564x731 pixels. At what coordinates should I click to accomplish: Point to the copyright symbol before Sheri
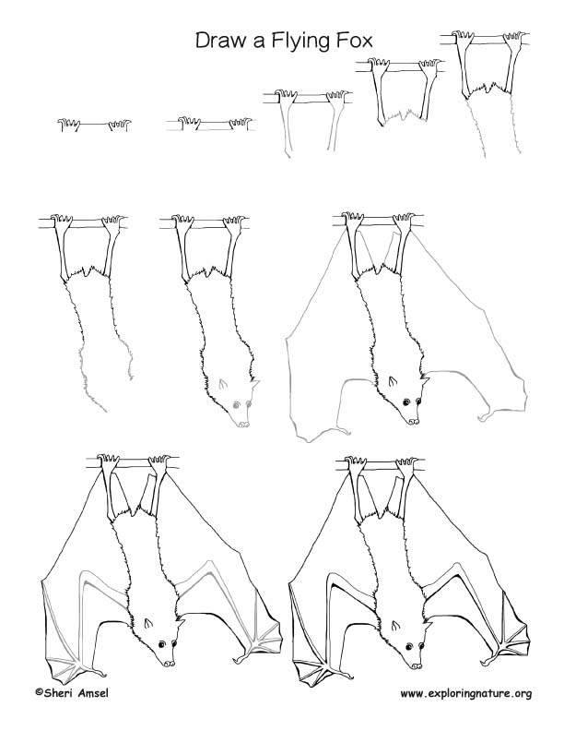tap(39, 692)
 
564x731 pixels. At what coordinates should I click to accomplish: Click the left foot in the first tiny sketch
tap(67, 124)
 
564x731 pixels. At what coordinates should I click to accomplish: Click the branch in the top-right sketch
tap(487, 38)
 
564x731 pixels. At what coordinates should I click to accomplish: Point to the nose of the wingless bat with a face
tap(242, 424)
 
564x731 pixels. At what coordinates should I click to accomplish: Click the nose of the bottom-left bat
tap(169, 663)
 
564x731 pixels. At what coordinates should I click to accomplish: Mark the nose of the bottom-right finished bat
tap(413, 664)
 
